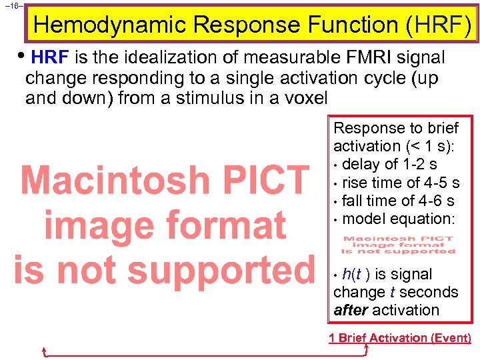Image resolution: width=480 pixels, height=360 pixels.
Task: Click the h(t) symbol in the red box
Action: pyautogui.click(x=353, y=274)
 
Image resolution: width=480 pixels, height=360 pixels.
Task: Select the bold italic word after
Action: pyautogui.click(x=351, y=310)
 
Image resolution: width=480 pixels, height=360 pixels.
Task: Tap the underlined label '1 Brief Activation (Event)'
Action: pyautogui.click(x=400, y=337)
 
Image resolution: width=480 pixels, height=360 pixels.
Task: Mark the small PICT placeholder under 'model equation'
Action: pyautogui.click(x=398, y=245)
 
